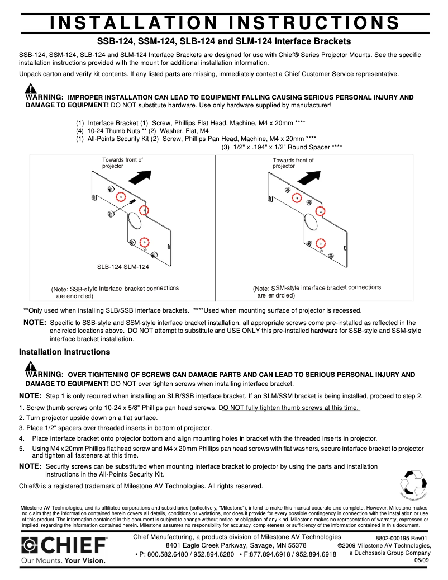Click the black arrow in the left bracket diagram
(x=139, y=176)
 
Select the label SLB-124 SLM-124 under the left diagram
(x=123, y=267)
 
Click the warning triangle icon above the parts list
(x=31, y=89)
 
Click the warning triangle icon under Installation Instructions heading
(x=31, y=366)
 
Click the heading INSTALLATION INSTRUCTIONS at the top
(x=224, y=22)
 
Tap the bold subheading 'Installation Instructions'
(x=64, y=352)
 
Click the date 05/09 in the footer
(x=422, y=560)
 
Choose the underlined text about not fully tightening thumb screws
(x=290, y=408)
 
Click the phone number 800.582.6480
(x=164, y=554)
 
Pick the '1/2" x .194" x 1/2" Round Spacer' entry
(x=282, y=147)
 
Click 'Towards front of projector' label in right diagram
(x=293, y=163)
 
